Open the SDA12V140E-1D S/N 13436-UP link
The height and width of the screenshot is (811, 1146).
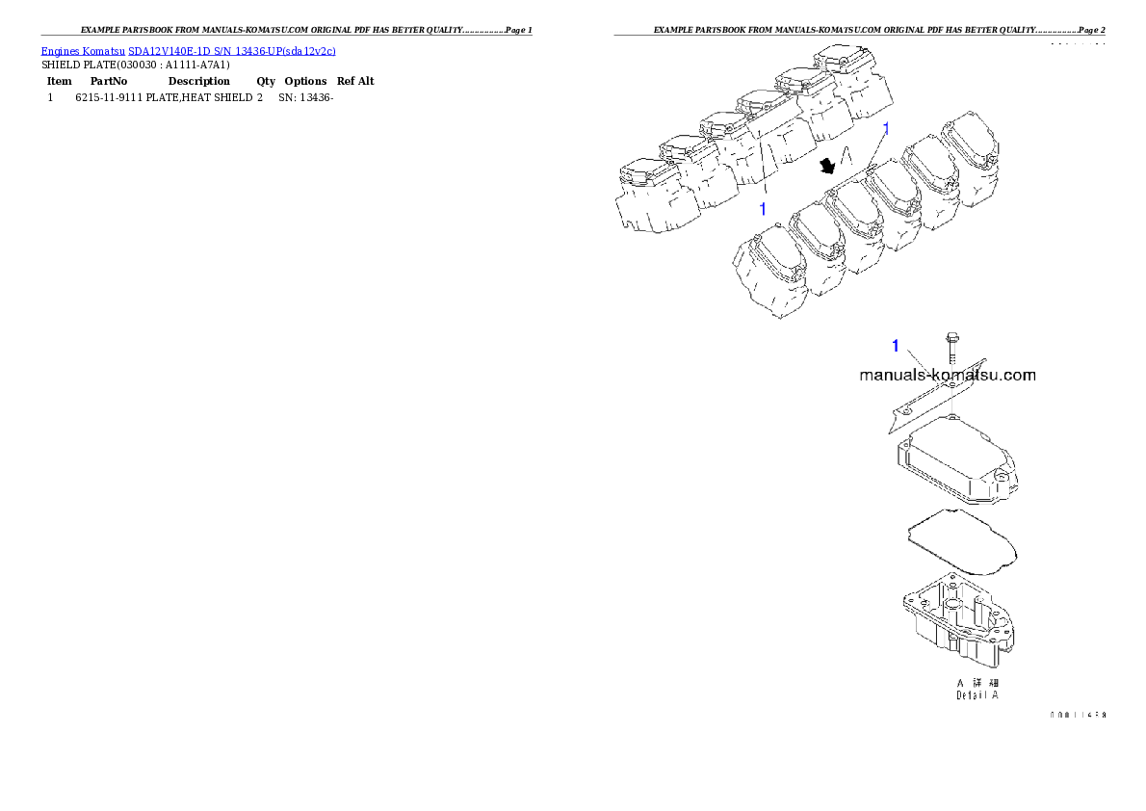[231, 51]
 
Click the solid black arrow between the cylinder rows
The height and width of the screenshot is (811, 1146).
[825, 167]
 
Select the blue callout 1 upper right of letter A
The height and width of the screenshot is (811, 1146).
[887, 127]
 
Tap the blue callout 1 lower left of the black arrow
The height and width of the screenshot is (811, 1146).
[763, 207]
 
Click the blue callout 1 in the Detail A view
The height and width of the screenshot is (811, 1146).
[895, 346]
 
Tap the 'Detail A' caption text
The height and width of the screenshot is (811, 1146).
[977, 694]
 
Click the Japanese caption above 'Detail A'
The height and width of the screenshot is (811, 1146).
[977, 681]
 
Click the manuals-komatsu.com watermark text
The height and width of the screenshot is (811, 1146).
[947, 376]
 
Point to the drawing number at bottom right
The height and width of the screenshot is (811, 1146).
[1077, 716]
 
